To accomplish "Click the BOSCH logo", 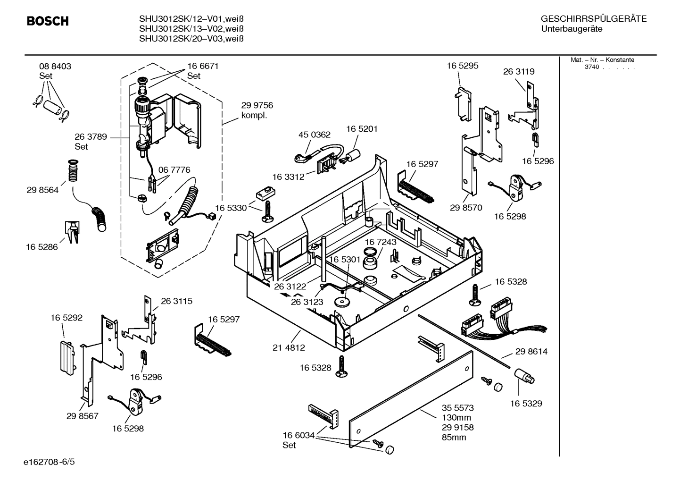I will pos(48,21).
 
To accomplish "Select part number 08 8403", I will pos(55,67).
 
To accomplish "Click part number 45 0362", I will pos(315,135).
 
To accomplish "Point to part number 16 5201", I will pos(362,129).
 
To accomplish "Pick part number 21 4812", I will pos(289,347).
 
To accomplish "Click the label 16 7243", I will pos(380,242).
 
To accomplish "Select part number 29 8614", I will pos(531,352).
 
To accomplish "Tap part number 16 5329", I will pos(526,404).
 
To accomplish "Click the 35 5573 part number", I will pos(457,408).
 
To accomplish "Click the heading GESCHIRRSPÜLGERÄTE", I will pos(593,19).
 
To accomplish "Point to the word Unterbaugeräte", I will pos(572,29).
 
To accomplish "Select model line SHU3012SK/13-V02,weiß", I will pos(191,29).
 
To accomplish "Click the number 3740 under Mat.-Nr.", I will pos(591,67).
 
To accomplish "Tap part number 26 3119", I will pos(519,72).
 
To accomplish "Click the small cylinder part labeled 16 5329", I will pos(523,376).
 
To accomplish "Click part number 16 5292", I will pos(66,318).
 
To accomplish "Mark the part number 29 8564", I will pos(42,190).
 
